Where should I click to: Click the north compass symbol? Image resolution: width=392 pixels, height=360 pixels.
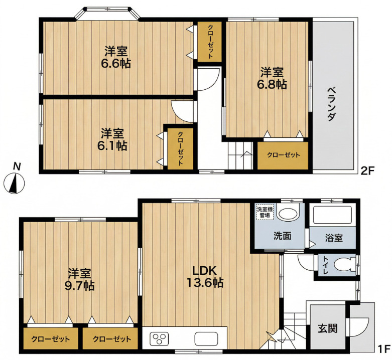click(x=14, y=184)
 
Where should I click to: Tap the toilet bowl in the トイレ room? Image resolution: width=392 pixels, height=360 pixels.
click(x=343, y=265)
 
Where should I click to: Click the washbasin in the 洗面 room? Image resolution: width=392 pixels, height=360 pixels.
click(x=289, y=214)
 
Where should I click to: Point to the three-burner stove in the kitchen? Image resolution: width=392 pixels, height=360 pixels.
click(x=159, y=339)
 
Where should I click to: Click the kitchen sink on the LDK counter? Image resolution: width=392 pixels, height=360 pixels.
click(x=206, y=339)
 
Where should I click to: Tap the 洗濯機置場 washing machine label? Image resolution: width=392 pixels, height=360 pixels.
click(x=265, y=212)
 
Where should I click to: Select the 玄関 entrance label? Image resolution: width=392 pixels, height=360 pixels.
click(x=328, y=328)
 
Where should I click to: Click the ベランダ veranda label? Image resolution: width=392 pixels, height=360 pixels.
click(x=331, y=104)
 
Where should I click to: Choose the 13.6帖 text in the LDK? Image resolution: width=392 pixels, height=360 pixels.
click(x=205, y=283)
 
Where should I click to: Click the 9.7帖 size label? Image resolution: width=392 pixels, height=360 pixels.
click(x=79, y=286)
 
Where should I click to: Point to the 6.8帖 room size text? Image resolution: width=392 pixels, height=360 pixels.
click(x=272, y=85)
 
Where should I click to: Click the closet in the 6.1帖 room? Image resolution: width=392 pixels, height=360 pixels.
click(x=180, y=149)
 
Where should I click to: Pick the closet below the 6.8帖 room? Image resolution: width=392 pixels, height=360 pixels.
click(x=283, y=155)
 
